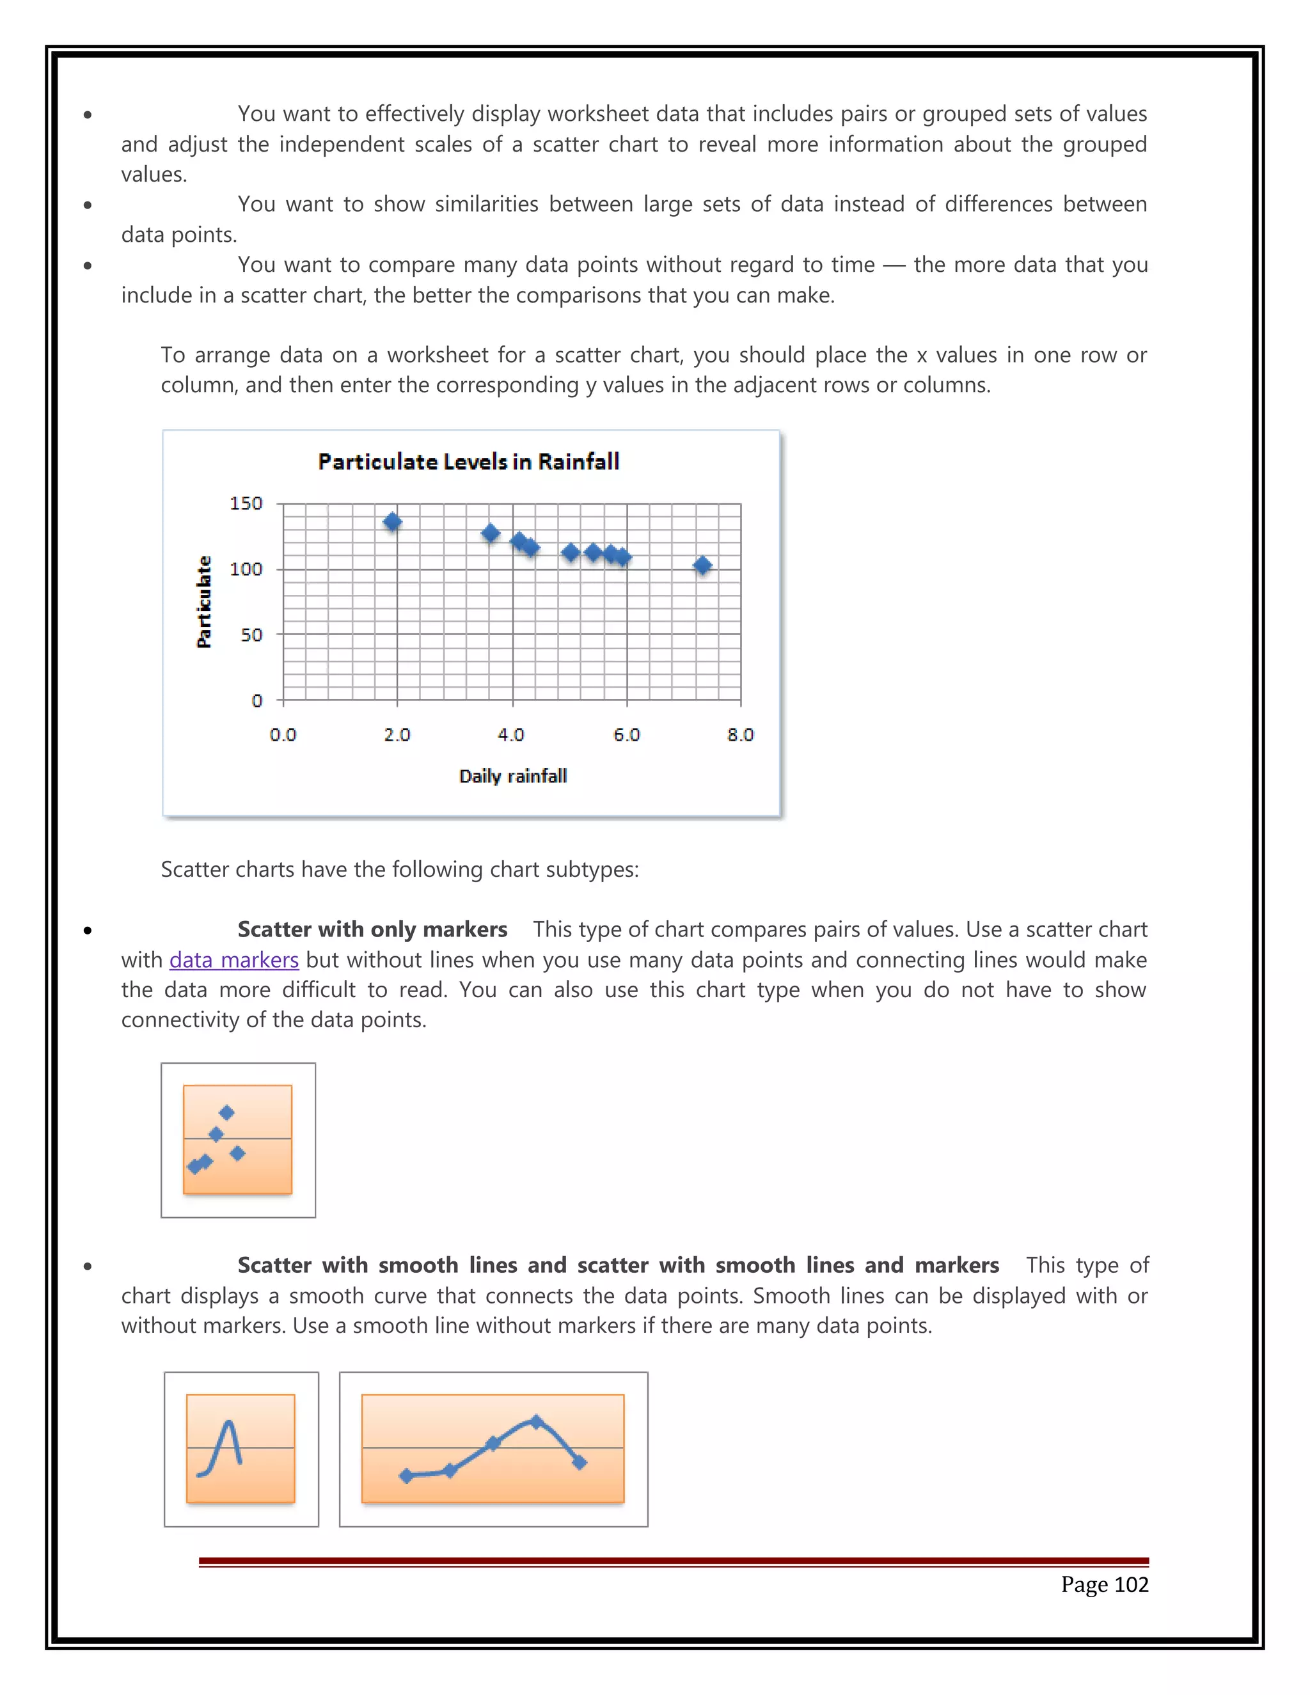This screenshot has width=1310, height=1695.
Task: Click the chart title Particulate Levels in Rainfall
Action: (469, 462)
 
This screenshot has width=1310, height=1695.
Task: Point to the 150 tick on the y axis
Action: (246, 503)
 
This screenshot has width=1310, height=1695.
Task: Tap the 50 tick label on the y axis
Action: (251, 635)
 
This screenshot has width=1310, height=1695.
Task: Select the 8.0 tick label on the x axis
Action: (740, 735)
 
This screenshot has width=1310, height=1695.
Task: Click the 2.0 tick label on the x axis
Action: (397, 735)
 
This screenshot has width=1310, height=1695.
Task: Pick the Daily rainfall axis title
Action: (513, 776)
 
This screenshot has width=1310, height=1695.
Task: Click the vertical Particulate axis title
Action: (204, 601)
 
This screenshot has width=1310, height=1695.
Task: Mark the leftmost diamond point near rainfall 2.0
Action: (393, 521)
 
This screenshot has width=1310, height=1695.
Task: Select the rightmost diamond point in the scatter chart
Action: (702, 565)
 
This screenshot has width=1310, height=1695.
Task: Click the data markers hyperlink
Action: (233, 960)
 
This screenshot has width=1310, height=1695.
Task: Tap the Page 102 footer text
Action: (1103, 1584)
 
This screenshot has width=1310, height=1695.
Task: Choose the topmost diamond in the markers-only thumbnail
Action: (226, 1113)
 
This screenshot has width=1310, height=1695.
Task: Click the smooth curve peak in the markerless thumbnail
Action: (228, 1423)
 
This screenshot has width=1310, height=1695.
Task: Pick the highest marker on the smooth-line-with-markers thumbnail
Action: (536, 1422)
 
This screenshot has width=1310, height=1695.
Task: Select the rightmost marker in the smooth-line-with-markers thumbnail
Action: (580, 1462)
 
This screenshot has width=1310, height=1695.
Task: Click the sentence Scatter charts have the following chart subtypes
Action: (399, 869)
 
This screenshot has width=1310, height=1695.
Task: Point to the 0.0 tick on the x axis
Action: (283, 735)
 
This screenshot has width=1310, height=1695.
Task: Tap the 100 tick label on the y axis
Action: (246, 569)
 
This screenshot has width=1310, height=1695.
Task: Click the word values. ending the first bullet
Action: (154, 175)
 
